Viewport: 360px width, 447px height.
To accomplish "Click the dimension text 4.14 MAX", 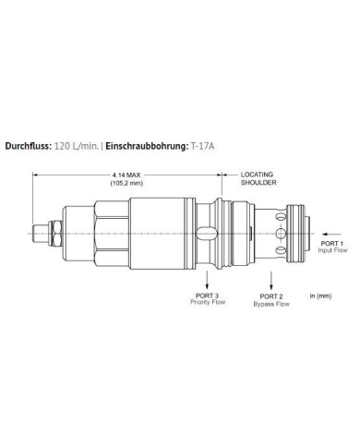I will pos(128,174).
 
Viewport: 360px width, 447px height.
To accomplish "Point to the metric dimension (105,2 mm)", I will pos(128,182).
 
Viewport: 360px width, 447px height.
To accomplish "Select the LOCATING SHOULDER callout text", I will pos(258,177).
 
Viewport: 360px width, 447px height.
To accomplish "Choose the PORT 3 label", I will pos(207,295).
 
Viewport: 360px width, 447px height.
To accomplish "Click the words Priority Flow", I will pos(207,302).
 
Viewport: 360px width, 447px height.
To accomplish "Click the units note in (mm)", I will pos(319,296).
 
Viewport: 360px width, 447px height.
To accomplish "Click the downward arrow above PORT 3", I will pos(207,277).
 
